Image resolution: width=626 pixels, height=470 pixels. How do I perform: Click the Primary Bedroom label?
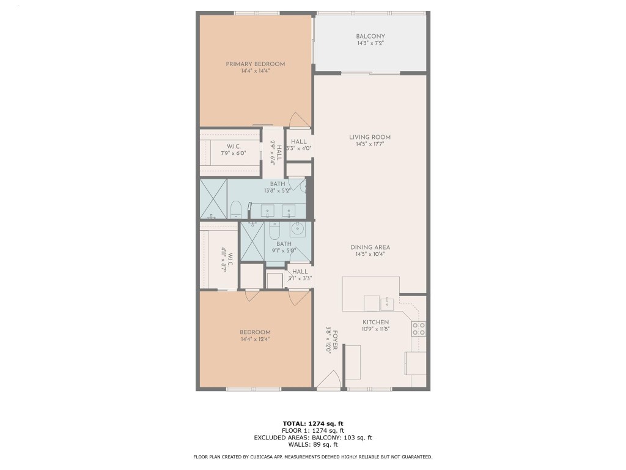click(x=255, y=64)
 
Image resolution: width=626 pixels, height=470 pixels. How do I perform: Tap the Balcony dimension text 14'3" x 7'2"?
click(x=370, y=43)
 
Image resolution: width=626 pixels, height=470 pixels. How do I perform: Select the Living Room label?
click(x=370, y=137)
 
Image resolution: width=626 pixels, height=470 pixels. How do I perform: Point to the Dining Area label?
click(x=370, y=247)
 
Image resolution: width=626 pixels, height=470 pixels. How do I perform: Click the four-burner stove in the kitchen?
click(x=419, y=329)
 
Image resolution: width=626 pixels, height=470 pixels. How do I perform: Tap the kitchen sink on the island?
click(x=386, y=302)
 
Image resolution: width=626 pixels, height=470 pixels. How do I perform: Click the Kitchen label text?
click(x=375, y=322)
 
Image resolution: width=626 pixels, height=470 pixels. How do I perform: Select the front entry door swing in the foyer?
click(x=330, y=381)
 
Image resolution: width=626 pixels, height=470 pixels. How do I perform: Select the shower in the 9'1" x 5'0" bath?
click(x=252, y=242)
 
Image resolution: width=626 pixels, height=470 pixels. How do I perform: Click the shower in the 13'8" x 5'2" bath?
click(x=213, y=199)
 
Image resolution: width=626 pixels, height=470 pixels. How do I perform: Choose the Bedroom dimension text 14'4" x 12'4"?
click(x=255, y=339)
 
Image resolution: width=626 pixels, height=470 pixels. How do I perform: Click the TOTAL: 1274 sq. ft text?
click(x=313, y=423)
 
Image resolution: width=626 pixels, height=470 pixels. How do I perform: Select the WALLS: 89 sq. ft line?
click(x=313, y=444)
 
